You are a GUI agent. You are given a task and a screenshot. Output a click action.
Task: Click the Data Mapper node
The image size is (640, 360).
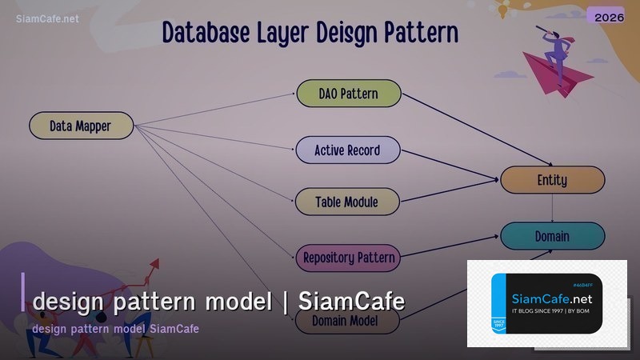81,126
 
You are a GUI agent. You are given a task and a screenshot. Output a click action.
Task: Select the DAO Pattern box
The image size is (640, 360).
348,94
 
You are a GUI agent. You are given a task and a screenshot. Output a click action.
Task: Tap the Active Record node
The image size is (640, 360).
348,150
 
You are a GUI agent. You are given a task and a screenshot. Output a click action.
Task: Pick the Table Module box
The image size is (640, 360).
348,202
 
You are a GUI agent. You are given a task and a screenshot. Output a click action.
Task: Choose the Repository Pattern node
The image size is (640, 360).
348,258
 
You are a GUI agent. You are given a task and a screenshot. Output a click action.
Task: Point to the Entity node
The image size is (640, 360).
552,180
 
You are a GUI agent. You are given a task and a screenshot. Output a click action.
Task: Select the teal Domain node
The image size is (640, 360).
552,236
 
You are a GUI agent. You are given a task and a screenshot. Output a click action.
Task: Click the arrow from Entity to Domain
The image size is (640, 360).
553,208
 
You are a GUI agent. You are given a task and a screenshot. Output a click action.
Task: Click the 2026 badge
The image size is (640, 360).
605,16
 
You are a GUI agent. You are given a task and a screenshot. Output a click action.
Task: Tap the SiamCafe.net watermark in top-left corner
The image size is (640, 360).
47,18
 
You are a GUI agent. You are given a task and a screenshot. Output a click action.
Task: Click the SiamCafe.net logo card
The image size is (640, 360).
546,304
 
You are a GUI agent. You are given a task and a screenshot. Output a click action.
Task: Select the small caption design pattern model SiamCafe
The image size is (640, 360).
115,329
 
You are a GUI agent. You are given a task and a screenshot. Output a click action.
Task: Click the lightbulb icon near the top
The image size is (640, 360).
505,10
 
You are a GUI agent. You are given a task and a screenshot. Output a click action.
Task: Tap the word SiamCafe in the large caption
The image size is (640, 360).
351,302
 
